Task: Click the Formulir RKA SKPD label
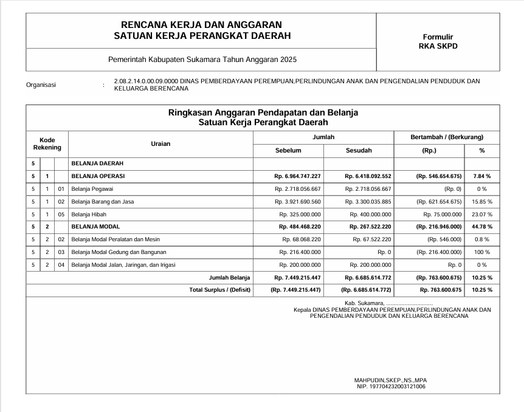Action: [x=438, y=41]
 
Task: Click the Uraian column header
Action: [x=160, y=144]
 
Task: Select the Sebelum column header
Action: [x=288, y=150]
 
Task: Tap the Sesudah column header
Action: [x=359, y=150]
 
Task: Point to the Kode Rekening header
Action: [x=47, y=144]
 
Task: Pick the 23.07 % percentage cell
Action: [x=481, y=214]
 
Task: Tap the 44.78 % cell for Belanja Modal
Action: [x=481, y=227]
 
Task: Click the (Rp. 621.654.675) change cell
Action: [x=439, y=201]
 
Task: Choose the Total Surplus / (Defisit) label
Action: [x=220, y=290]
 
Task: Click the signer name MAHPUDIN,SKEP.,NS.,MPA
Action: [x=391, y=380]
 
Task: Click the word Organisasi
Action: [x=41, y=85]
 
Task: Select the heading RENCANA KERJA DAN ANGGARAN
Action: [x=202, y=25]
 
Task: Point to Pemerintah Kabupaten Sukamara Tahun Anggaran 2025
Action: [x=202, y=60]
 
